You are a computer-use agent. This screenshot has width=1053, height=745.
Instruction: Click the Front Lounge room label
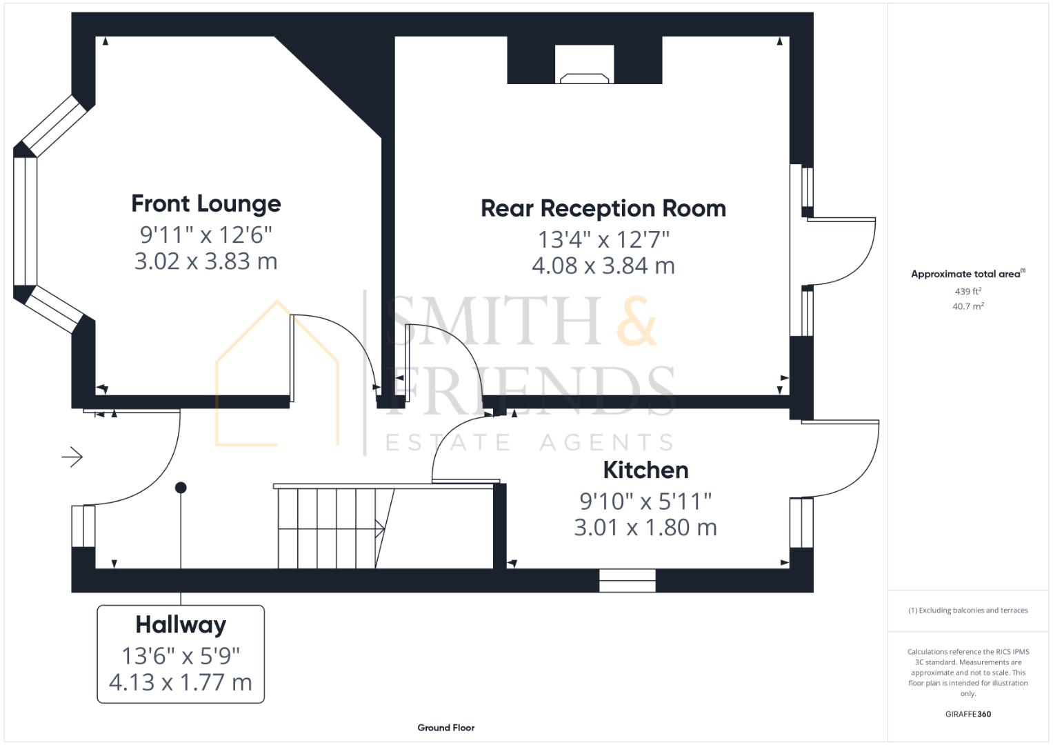206,203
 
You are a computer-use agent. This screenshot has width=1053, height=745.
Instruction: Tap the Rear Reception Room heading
603,208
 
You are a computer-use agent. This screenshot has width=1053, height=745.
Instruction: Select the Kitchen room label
645,470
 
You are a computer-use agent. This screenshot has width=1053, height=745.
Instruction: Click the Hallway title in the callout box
181,625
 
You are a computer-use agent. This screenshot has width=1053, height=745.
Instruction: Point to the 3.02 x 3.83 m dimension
205,261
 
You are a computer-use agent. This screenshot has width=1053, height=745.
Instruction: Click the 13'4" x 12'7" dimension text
603,239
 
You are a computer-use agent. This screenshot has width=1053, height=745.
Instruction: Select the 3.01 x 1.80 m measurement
645,528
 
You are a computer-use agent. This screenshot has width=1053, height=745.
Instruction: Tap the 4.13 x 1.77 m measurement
181,682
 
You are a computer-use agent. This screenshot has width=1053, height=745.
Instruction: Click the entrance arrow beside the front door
72,457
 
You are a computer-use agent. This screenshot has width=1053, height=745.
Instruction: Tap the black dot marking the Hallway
181,488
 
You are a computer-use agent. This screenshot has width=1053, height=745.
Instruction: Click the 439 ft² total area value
967,291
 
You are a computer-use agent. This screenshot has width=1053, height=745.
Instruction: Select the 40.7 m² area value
967,306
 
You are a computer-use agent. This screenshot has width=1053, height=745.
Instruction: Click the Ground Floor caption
445,728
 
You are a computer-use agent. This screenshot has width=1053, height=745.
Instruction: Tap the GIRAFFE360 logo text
967,714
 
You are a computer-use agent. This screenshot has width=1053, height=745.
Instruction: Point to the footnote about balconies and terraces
967,610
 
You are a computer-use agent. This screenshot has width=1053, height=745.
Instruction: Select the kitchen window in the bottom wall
627,581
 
